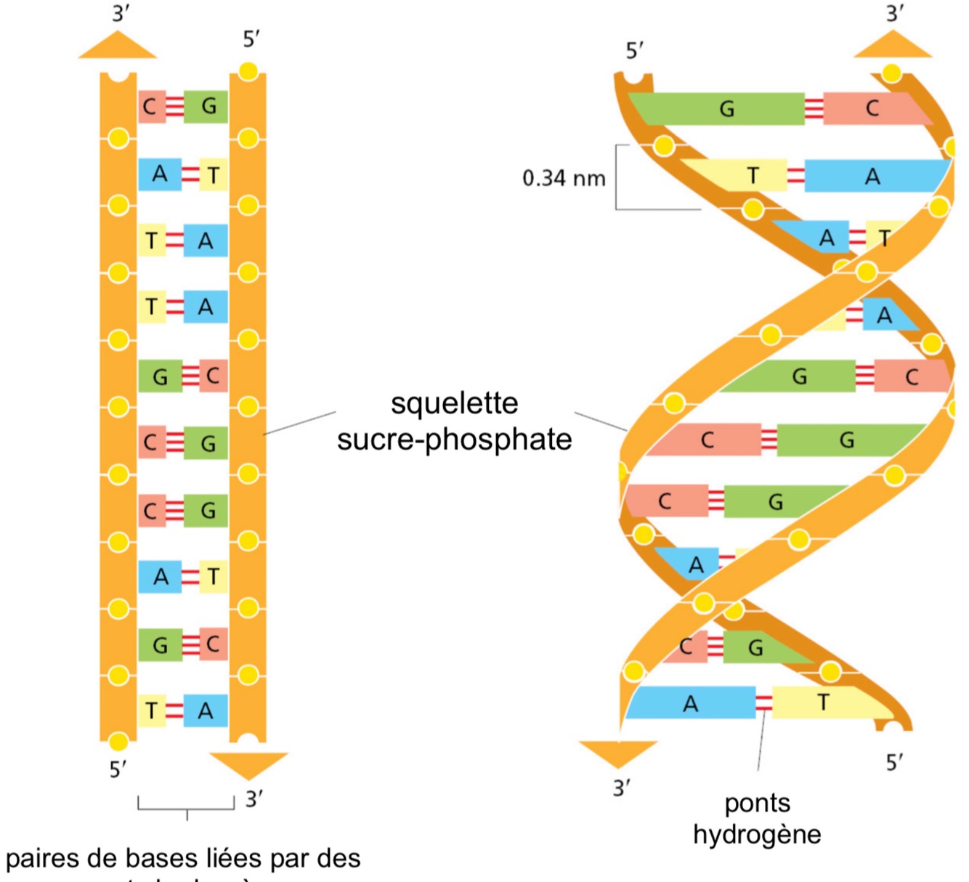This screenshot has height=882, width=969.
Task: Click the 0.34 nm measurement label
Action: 564,178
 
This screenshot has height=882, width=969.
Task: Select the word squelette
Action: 455,404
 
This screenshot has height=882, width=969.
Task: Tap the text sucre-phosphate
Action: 455,440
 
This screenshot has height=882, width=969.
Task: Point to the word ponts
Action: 757,803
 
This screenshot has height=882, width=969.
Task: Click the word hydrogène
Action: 757,834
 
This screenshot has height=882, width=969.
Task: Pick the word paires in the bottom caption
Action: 43,859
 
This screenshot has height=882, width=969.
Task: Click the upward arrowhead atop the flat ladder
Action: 118,45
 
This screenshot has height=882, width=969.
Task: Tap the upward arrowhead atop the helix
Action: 892,45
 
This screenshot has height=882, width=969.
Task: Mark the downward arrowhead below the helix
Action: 618,753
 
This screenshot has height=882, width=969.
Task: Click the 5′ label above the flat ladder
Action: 251,39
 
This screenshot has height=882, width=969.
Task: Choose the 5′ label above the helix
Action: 634,51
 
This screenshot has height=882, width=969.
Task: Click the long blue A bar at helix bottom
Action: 690,703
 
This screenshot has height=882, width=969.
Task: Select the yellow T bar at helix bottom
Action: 824,703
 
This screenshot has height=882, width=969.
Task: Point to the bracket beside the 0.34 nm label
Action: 618,177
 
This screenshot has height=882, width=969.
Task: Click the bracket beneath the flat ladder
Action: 187,806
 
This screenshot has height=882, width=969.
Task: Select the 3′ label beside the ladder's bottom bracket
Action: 254,799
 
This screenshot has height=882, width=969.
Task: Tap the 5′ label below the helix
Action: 894,762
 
